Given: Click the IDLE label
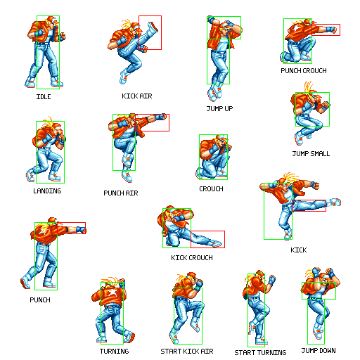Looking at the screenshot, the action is [x=44, y=96].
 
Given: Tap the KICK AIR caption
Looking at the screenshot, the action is [x=137, y=96].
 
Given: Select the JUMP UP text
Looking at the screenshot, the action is [x=219, y=108].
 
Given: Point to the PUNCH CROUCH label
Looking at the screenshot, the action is [x=304, y=70].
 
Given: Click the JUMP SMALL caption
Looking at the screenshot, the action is [x=311, y=153].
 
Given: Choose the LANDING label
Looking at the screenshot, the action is [x=47, y=191].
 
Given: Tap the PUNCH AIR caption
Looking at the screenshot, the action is [x=121, y=193].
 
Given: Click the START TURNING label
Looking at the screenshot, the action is [x=260, y=352].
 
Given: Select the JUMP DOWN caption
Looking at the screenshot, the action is [x=319, y=350].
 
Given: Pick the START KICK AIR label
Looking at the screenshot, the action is [x=187, y=351].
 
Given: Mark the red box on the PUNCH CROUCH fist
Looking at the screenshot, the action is [x=326, y=24].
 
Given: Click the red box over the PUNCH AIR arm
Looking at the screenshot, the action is [x=153, y=115].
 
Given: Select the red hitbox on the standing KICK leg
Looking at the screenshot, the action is [x=309, y=200].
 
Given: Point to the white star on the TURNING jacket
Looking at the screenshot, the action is [x=112, y=292].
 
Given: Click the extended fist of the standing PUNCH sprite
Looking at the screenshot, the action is [x=82, y=230].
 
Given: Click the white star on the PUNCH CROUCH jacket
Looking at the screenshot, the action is [x=296, y=30].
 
